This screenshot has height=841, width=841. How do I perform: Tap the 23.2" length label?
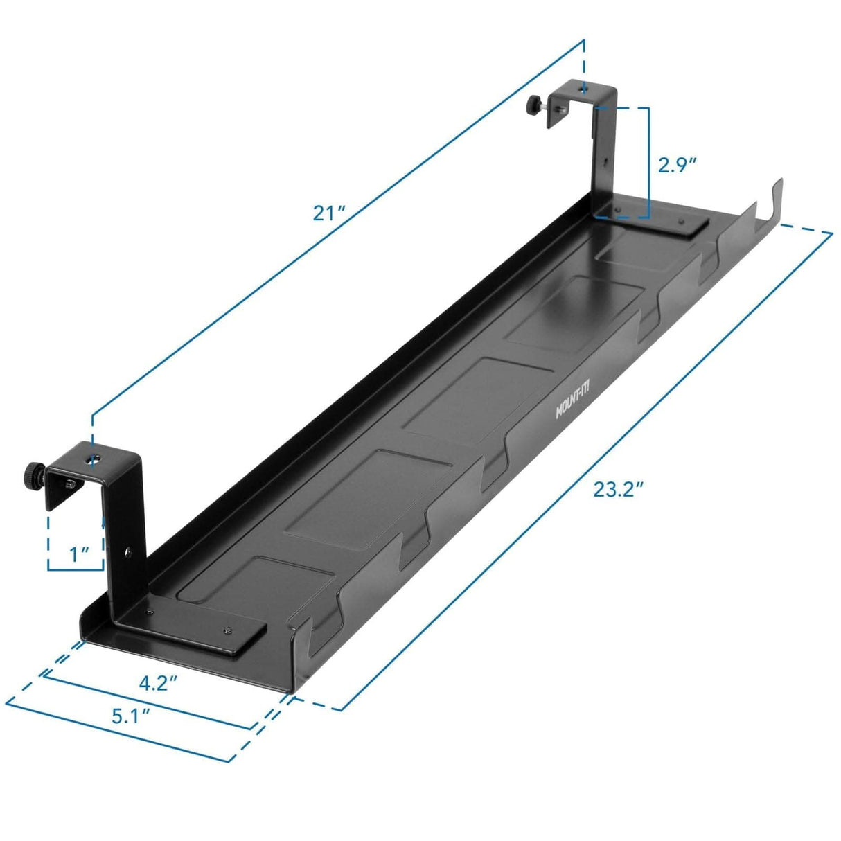click(x=618, y=490)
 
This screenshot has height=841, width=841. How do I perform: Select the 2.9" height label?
click(x=676, y=165)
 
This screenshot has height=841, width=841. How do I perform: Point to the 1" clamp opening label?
click(x=80, y=554)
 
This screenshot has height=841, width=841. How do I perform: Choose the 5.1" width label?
click(x=131, y=716)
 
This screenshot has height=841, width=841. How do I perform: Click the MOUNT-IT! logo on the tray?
click(x=572, y=403)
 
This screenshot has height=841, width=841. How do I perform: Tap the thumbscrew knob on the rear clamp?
click(x=533, y=105)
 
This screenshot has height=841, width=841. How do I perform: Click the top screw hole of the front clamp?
click(x=95, y=458)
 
